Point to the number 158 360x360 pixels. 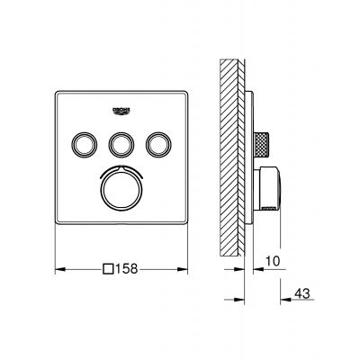coord(130,267)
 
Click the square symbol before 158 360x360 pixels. coord(110,267)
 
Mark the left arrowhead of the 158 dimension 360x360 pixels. coord(59,267)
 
